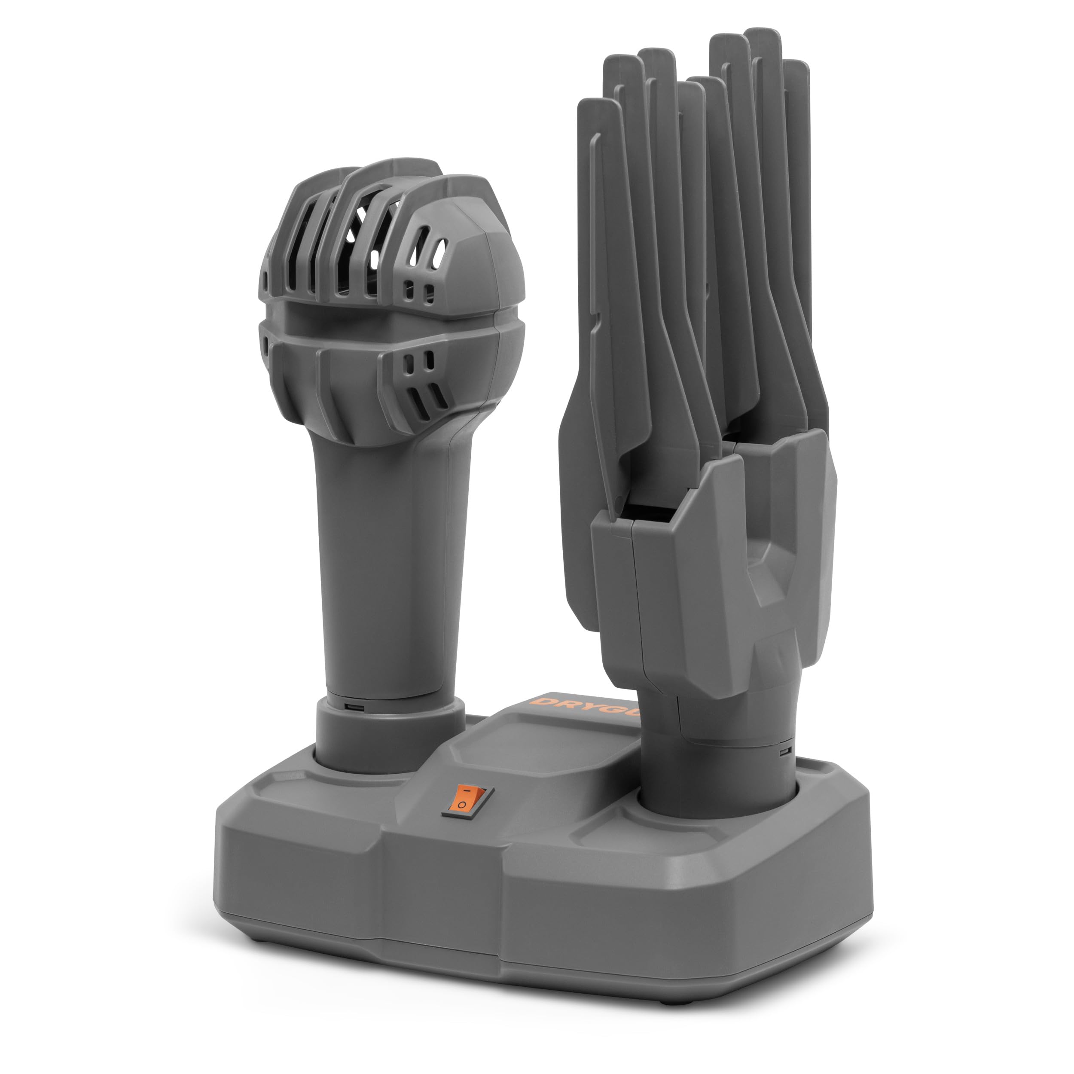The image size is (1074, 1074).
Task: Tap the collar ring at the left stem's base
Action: [x=389, y=734]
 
